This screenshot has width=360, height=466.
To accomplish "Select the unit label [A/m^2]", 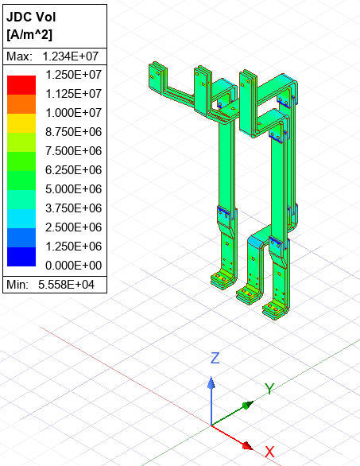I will [30, 35].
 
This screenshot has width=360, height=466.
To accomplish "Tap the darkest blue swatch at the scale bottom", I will [21, 256].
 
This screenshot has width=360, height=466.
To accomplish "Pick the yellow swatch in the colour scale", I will [21, 122].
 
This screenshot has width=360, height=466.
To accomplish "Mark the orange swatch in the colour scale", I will [21, 103].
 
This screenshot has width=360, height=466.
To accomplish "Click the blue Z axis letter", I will [214, 358].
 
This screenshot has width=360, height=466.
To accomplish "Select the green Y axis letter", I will [269, 389].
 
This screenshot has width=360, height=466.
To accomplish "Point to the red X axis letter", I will [269, 452].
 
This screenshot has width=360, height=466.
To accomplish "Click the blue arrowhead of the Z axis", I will [211, 383].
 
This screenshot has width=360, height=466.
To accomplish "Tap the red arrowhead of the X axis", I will [247, 445].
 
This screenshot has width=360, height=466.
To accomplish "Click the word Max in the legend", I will [18, 56].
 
